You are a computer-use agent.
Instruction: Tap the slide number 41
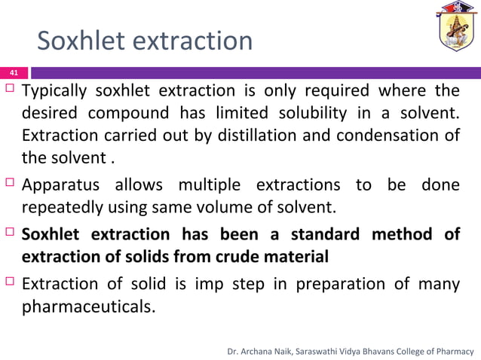click(x=13, y=73)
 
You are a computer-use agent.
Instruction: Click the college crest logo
click(x=458, y=31)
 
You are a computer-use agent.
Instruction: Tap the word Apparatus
click(x=61, y=185)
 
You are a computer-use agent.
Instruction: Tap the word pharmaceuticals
click(x=86, y=307)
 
